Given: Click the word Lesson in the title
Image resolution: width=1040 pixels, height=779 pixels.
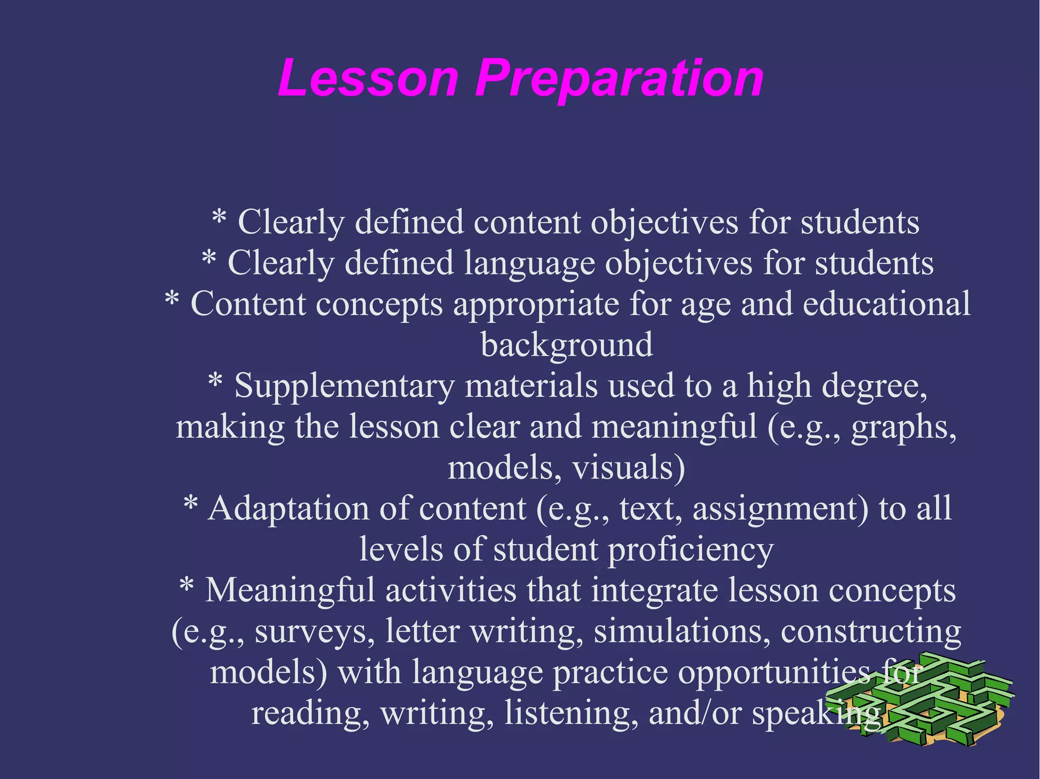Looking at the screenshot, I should [x=368, y=78].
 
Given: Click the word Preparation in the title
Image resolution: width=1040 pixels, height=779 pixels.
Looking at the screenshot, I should [x=619, y=79].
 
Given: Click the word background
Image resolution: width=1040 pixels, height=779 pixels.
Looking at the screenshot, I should [x=566, y=345].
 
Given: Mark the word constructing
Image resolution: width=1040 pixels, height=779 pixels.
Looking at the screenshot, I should [x=870, y=631].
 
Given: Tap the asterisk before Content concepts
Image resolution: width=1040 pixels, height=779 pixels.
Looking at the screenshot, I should [x=172, y=299].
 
